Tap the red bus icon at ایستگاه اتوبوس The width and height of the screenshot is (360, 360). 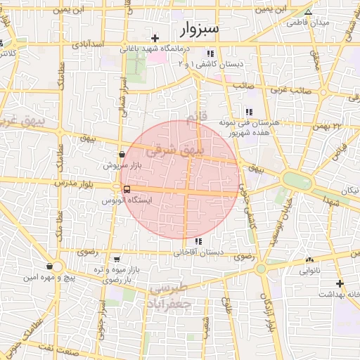pos(127,189)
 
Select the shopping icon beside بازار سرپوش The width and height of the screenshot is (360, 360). pos(122,154)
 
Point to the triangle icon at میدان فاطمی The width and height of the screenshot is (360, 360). pos(308,12)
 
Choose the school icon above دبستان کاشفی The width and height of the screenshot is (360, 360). pos(210,53)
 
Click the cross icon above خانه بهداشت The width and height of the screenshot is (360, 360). pos(340,283)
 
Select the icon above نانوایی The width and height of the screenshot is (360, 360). pos(309,259)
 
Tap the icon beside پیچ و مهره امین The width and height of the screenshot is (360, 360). pos(49,266)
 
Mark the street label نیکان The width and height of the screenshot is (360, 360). pos(349,191)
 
